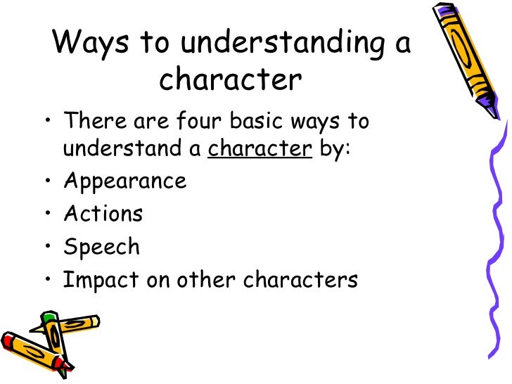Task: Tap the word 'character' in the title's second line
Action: click(230, 80)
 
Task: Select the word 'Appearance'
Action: click(124, 181)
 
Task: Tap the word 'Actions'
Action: click(103, 213)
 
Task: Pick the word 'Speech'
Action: click(101, 247)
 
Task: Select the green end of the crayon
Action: click(47, 319)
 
